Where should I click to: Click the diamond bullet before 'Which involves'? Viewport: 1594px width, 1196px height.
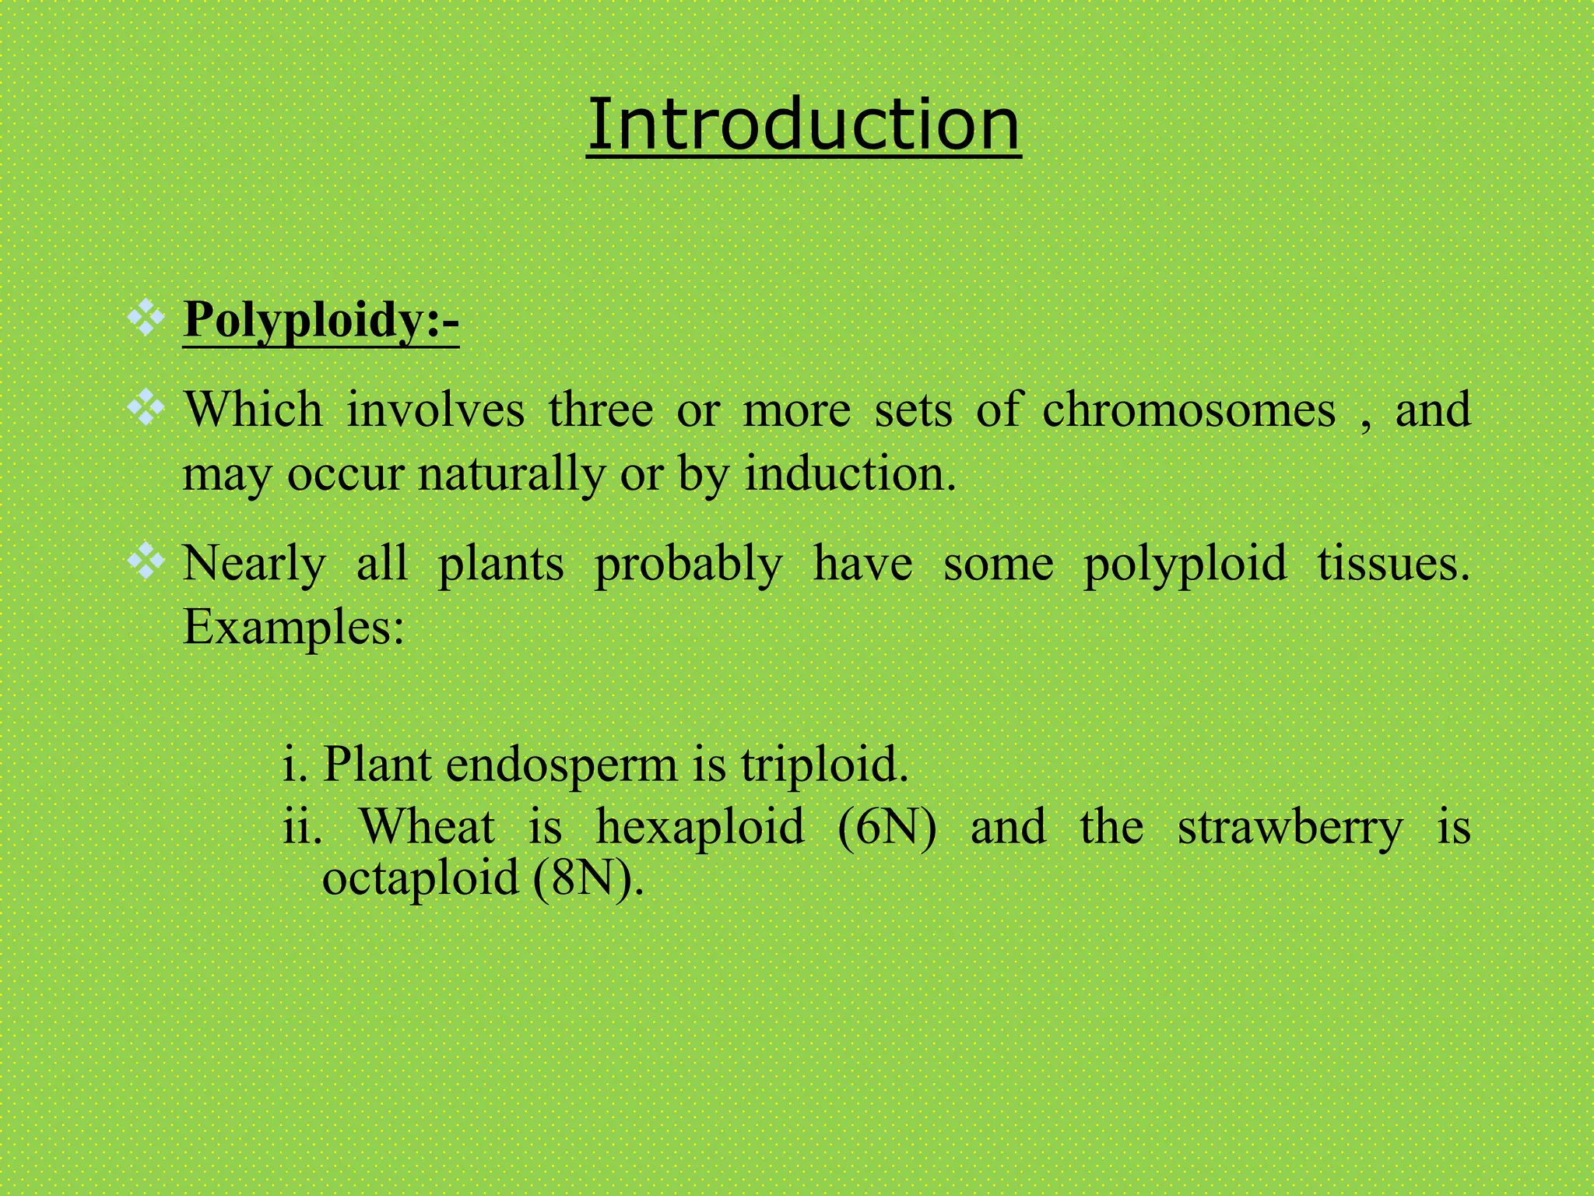coord(146,409)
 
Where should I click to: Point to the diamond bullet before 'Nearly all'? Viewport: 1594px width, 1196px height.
coord(146,561)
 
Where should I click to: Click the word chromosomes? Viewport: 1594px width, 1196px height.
coord(1188,410)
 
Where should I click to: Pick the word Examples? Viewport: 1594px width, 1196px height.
coord(293,628)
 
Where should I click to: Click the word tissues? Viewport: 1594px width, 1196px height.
coord(1393,564)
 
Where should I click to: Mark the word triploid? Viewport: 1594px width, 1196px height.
coord(823,765)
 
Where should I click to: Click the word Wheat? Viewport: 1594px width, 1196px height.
coord(427,827)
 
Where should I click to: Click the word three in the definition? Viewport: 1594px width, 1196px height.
coord(601,410)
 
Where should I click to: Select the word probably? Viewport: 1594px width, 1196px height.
coord(689,564)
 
